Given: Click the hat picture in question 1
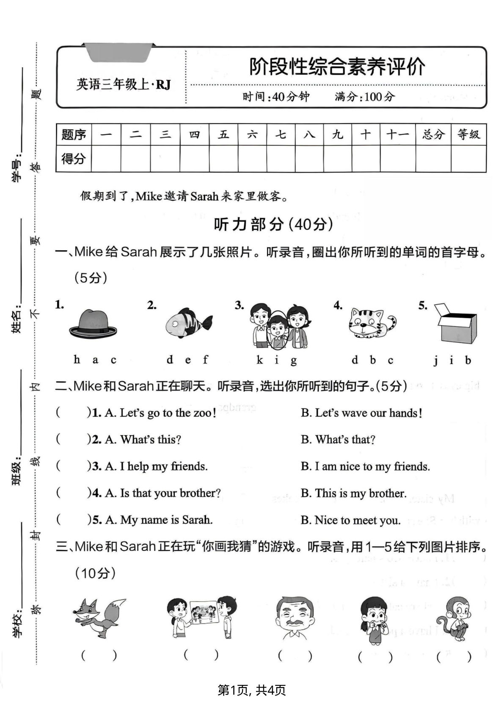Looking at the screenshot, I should coord(93,324).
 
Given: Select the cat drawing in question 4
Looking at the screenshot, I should coord(371,323).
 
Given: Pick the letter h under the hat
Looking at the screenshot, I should coord(77,360).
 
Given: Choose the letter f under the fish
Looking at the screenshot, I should coord(205,360).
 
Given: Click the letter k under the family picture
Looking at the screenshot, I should coord(259,360).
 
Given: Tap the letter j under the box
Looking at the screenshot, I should coord(435,361).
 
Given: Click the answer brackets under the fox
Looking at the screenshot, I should coord(99,655).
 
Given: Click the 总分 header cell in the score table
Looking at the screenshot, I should coord(433,135).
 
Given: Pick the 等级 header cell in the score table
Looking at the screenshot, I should coord(468,135).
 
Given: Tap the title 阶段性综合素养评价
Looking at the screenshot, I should coord(337,67).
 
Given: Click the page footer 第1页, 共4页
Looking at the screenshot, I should coord(252,690).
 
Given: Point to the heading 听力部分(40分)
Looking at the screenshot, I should coord(273,225).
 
